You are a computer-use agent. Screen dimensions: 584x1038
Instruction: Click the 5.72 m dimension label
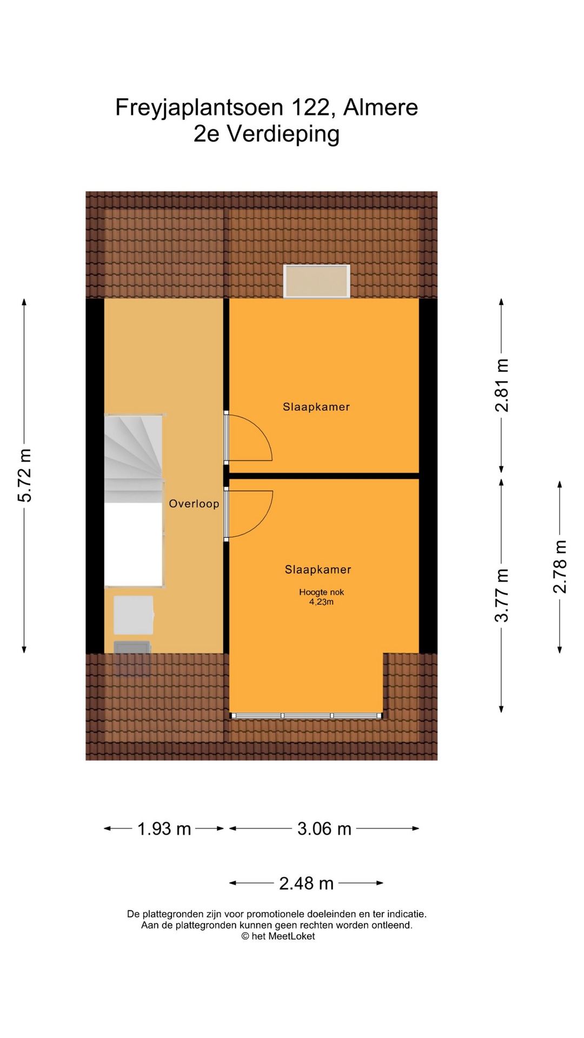[x=25, y=475]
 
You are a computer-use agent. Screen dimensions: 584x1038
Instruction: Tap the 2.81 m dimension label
[x=502, y=385]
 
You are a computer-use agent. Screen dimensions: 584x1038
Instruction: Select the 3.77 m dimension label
[x=502, y=595]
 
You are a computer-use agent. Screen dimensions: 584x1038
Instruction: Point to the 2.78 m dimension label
[x=560, y=566]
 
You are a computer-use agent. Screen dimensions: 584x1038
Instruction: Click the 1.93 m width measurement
[x=164, y=829]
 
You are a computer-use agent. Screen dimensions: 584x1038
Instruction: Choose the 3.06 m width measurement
[x=324, y=829]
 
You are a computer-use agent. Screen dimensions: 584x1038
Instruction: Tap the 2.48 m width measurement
[x=306, y=883]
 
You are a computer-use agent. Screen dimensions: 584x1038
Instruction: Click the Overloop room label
[x=194, y=504]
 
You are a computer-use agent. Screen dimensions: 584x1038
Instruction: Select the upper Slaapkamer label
[x=316, y=407]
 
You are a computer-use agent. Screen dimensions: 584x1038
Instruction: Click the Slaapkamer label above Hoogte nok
[x=318, y=569]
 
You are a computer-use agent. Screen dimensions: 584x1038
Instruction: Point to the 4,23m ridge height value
[x=321, y=602]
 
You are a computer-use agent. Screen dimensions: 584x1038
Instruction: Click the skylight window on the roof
[x=317, y=281]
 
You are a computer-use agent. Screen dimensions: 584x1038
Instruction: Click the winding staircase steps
[x=134, y=458]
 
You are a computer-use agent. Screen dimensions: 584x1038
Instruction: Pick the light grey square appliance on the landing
[x=134, y=615]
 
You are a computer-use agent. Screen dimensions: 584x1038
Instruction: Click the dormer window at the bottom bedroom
[x=306, y=716]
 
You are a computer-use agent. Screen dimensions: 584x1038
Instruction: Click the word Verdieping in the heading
[x=283, y=134]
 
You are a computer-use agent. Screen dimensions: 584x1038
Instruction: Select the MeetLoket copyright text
[x=278, y=937]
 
